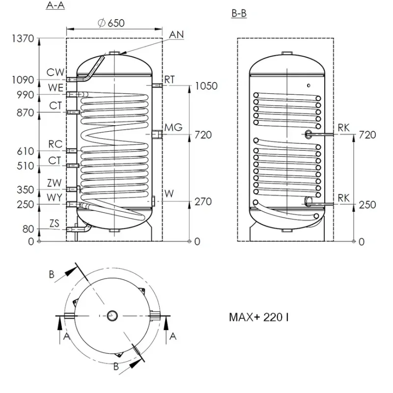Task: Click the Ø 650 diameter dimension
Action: click(111, 23)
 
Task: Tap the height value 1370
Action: click(23, 39)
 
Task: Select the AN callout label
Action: click(176, 34)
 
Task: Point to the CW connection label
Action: click(56, 72)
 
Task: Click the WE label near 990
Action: click(56, 88)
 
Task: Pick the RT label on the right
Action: click(169, 80)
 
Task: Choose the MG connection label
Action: click(173, 127)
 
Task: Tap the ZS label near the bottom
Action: click(55, 224)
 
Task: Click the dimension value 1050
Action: click(206, 86)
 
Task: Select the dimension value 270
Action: click(203, 202)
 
